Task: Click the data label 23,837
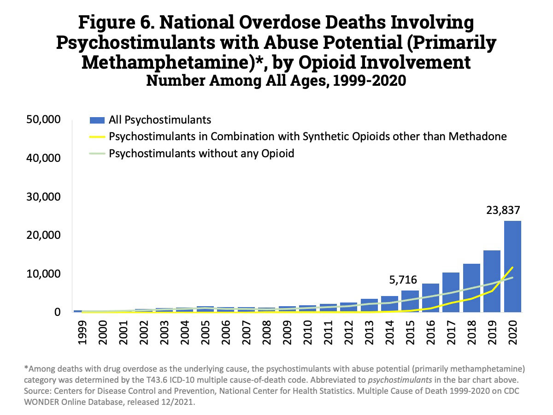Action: coord(503,211)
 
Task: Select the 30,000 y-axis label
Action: coord(42,197)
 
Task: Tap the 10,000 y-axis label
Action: coord(42,274)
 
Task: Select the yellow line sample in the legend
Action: coord(96,137)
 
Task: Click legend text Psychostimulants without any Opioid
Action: coord(201,153)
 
